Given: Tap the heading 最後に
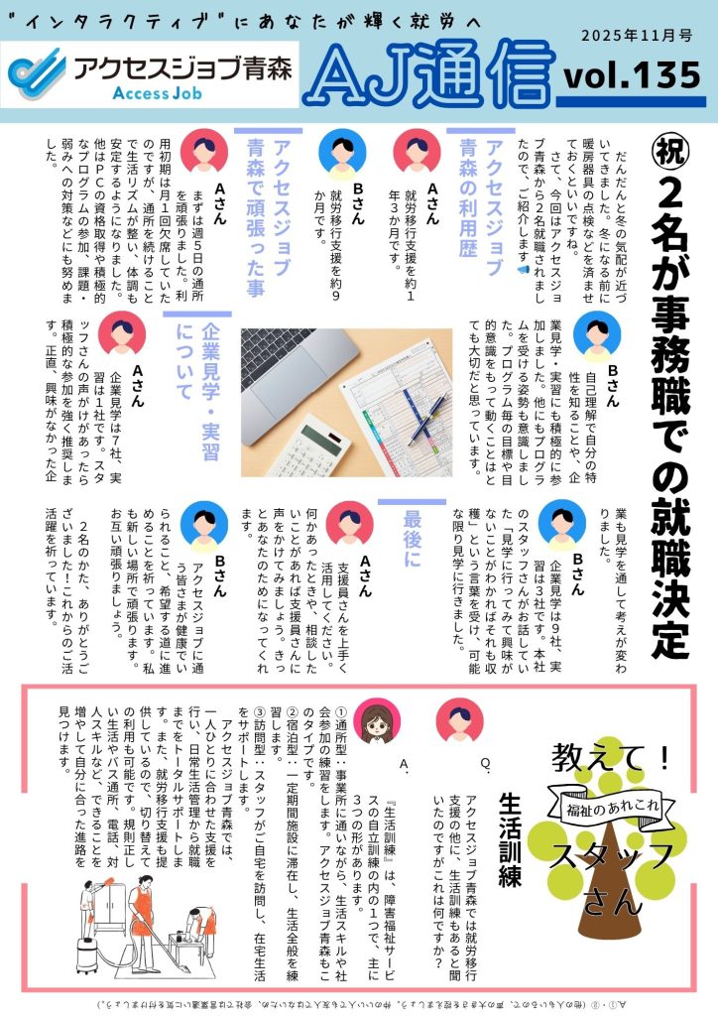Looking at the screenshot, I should [x=412, y=540].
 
